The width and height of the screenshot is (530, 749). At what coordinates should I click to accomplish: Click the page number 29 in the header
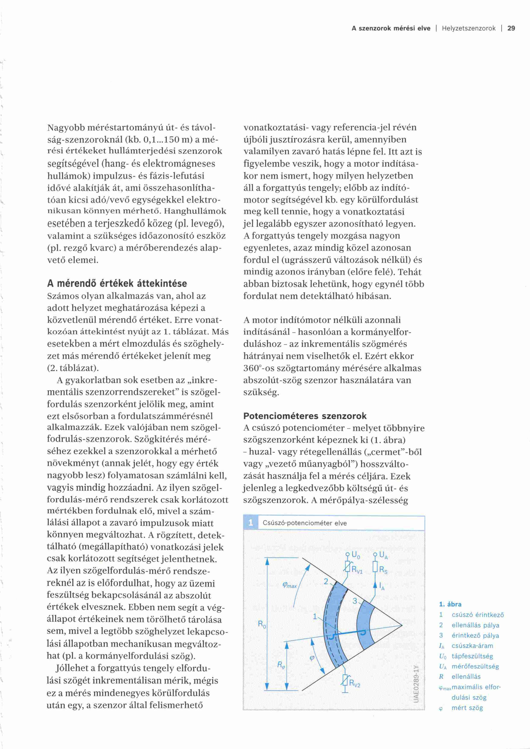[x=511, y=28]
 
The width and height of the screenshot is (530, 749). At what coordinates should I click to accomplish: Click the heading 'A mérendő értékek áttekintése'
[x=117, y=283]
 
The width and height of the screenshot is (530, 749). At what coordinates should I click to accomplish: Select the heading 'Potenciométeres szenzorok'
[x=305, y=416]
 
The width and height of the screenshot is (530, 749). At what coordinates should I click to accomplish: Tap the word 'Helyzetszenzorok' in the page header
[x=469, y=28]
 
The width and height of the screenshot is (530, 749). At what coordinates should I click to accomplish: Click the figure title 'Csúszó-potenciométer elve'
[x=305, y=523]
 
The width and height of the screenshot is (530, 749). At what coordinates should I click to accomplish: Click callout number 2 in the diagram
[x=326, y=581]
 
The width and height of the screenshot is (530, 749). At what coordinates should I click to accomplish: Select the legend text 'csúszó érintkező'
[x=477, y=615]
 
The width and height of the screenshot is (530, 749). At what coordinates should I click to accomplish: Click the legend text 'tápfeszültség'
[x=472, y=656]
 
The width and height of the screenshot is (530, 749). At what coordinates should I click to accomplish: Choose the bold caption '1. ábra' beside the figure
[x=450, y=604]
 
